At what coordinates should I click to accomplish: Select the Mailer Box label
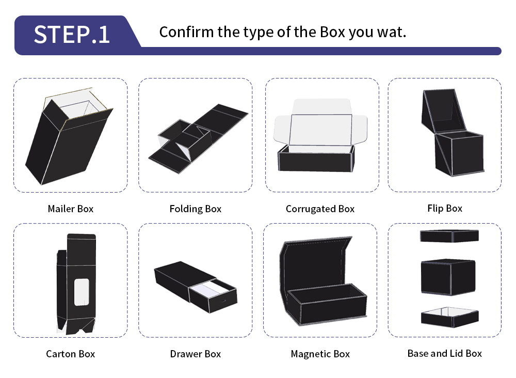coord(70,209)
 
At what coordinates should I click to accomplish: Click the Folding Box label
coord(196,209)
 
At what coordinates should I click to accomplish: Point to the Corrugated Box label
coord(320,209)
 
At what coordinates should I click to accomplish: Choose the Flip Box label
coord(445,209)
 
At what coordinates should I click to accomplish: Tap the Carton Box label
coord(70,354)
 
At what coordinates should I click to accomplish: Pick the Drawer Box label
coord(196,354)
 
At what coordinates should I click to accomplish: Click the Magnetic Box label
coord(320,354)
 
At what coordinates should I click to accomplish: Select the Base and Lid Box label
coord(445,353)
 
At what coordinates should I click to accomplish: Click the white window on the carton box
coord(82,292)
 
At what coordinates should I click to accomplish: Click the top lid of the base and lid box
coord(449,236)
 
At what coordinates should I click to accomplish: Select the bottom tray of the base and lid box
coord(449,318)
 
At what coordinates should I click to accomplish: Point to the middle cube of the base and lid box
coord(448,277)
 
